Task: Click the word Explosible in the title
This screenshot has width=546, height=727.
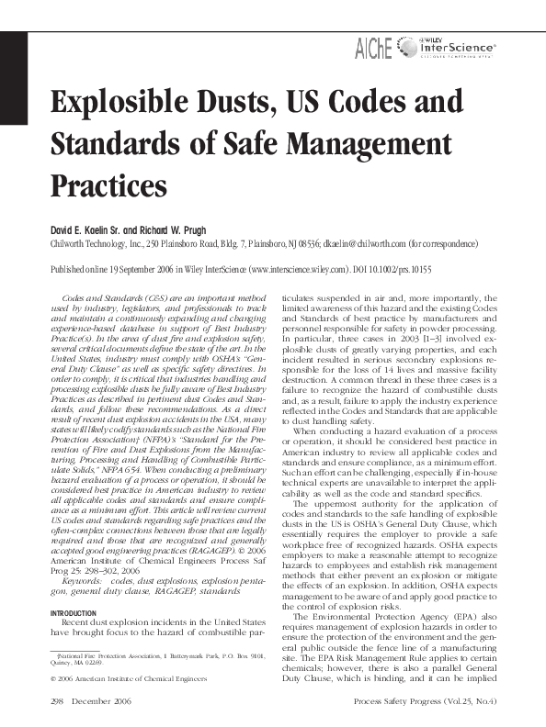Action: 115,102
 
